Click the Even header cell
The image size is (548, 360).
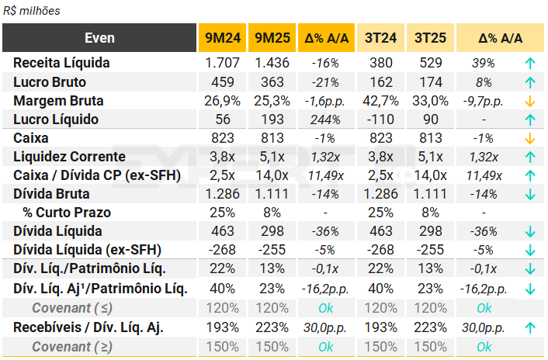[x=99, y=38]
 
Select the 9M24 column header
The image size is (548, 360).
[x=222, y=38]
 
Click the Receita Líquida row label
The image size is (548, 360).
[x=61, y=63]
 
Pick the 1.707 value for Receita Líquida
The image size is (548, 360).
[x=222, y=63]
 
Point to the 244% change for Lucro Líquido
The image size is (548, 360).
[x=324, y=119]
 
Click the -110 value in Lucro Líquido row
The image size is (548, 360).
[x=380, y=119]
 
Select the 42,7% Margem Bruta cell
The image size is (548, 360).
[x=380, y=101]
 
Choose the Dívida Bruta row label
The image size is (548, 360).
[x=51, y=194]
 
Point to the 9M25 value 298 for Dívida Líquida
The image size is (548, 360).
[x=272, y=231]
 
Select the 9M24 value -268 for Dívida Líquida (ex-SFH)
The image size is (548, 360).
[x=222, y=250]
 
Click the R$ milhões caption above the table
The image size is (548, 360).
[x=32, y=11]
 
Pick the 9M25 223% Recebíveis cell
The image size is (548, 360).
[x=272, y=327]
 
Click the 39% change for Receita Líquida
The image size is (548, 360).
[x=482, y=63]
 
